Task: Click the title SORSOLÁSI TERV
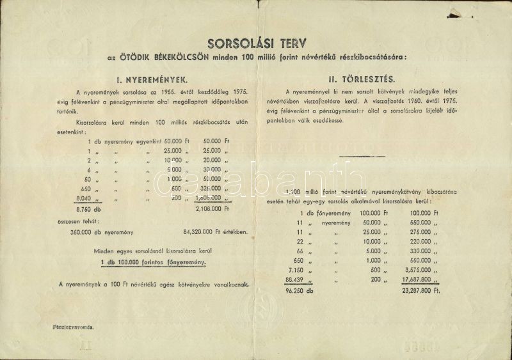[256, 43]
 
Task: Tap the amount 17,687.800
[415, 279]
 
